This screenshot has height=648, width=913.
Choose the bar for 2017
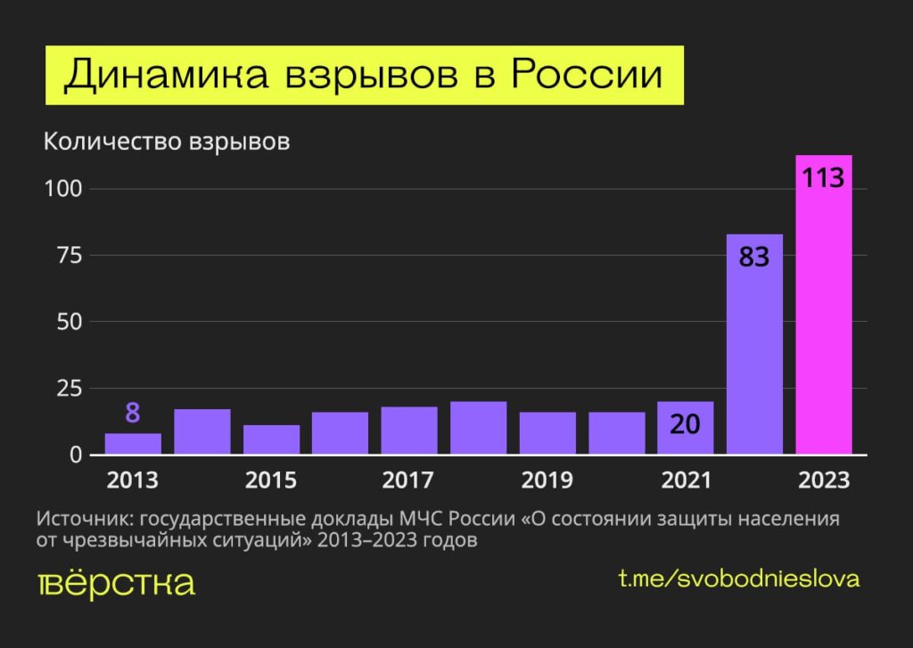point(409,431)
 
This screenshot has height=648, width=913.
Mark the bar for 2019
point(547,434)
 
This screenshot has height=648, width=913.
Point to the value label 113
point(823,177)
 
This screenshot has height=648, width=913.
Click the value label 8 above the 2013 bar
point(133,414)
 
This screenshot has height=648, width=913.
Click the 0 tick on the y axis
point(76,455)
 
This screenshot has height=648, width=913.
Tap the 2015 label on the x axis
point(271,480)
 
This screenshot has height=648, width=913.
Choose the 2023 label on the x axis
point(824,480)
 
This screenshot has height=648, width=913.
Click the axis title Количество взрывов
point(167,142)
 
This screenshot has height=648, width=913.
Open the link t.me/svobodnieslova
point(739,578)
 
